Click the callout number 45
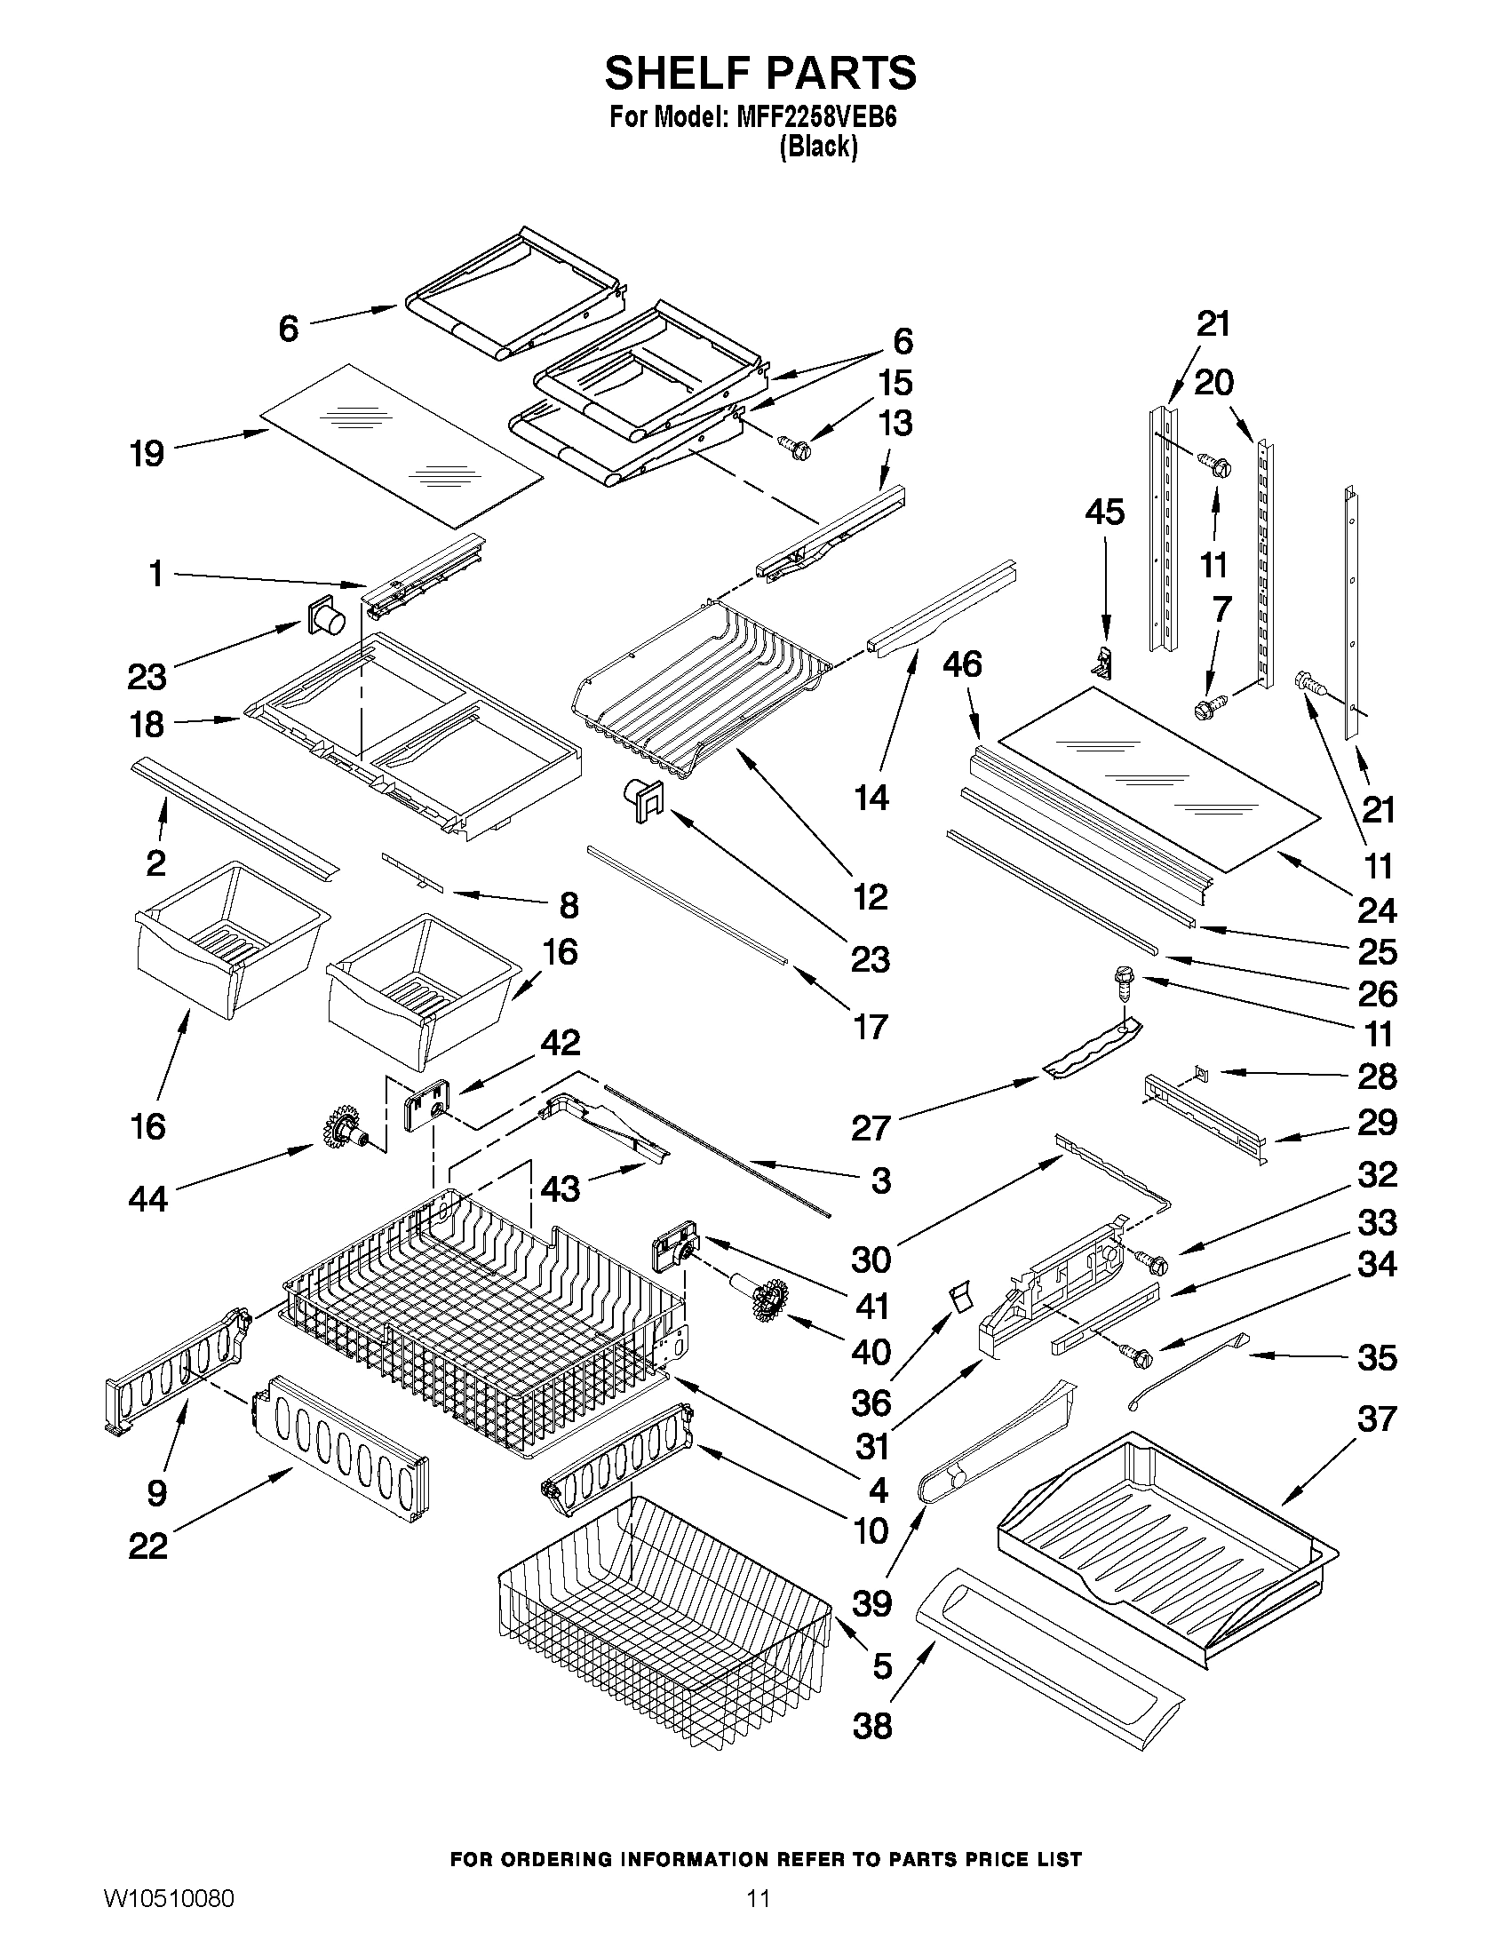(1105, 512)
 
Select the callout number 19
(147, 453)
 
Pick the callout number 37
(1377, 1417)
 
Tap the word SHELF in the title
(678, 73)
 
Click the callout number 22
(147, 1571)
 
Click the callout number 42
(560, 1043)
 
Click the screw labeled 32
(1153, 1263)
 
